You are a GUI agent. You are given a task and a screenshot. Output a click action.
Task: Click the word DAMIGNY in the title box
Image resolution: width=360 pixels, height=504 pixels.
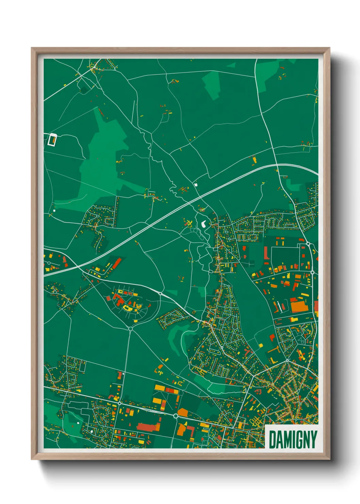[293, 439]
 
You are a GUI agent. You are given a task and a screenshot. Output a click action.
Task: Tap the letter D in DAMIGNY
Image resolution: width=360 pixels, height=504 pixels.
[273, 439]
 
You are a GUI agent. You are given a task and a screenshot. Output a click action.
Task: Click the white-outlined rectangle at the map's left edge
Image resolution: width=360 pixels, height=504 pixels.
[52, 140]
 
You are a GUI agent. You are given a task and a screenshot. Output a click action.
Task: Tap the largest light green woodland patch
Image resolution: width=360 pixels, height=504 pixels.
[102, 160]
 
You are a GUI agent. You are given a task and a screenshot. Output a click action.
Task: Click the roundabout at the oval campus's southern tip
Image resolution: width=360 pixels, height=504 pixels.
[130, 328]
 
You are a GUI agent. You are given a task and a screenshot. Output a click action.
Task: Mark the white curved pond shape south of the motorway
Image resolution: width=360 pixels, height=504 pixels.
[204, 224]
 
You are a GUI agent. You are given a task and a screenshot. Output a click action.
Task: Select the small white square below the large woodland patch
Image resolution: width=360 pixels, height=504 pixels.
[54, 210]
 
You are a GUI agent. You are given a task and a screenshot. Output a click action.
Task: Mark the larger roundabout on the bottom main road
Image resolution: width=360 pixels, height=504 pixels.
[176, 416]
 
